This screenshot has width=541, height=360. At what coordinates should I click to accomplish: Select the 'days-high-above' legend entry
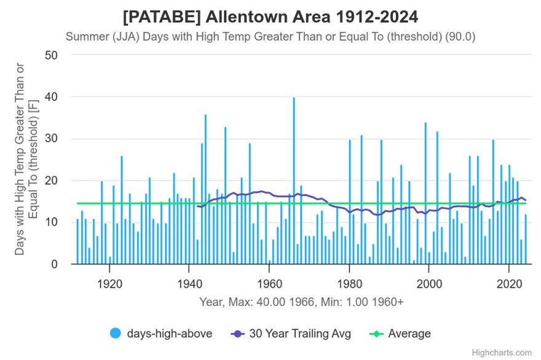(x=169, y=334)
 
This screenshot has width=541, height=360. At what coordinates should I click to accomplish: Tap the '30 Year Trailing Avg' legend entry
(x=299, y=334)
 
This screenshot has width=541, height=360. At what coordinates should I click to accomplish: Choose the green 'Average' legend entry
(x=409, y=334)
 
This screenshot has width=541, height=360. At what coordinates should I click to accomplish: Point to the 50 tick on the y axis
(x=52, y=55)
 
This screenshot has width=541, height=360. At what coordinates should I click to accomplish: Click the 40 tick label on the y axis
(x=52, y=97)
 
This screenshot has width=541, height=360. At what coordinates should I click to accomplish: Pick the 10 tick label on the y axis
(x=52, y=222)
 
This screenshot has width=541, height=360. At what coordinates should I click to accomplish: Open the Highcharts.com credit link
(x=502, y=353)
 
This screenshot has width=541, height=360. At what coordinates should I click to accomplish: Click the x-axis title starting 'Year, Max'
(x=301, y=302)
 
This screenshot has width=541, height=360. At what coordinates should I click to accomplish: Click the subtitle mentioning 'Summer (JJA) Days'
(x=270, y=36)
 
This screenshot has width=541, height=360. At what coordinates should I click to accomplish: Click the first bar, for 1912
(x=77, y=241)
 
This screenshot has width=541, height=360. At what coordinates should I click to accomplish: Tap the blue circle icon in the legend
(x=115, y=334)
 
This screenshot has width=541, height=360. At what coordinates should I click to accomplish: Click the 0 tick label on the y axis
(x=55, y=264)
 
